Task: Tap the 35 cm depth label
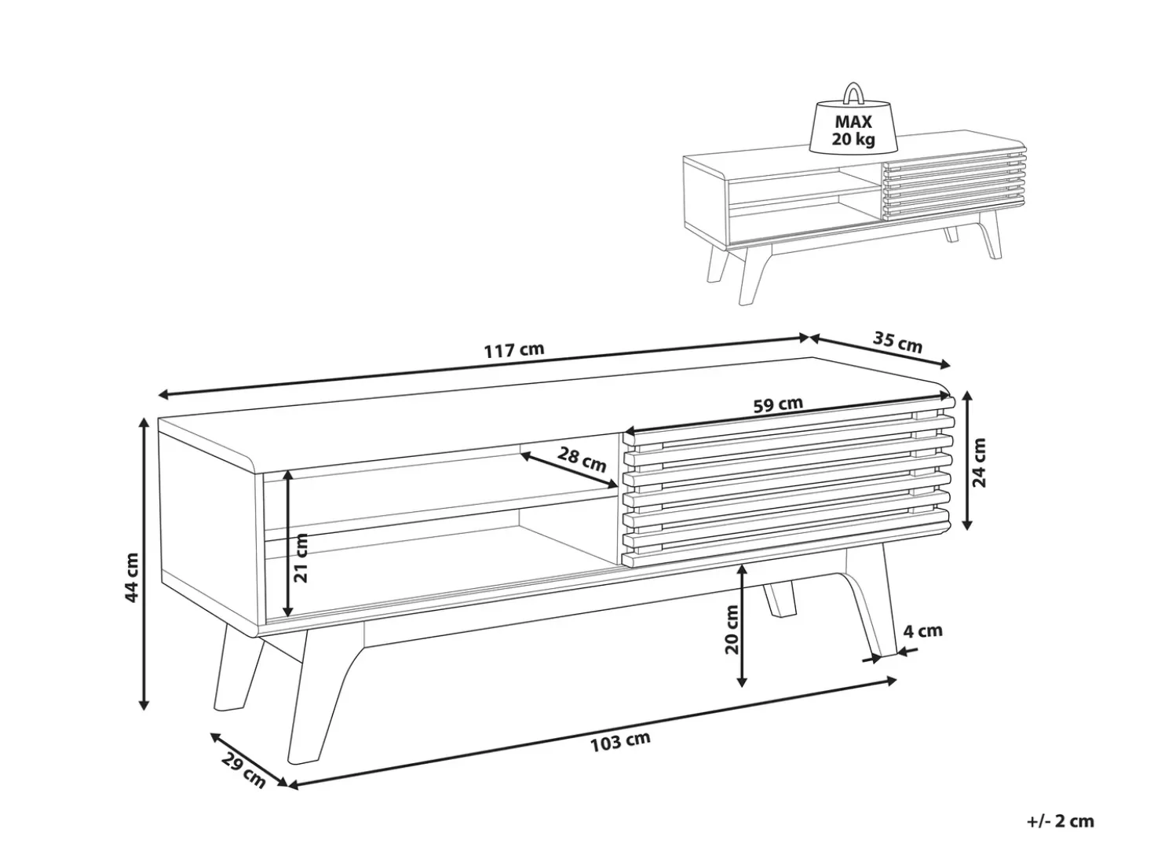pos(897,343)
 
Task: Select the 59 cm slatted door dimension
pos(777,404)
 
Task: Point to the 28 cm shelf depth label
pos(582,459)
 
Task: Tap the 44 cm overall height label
pos(131,577)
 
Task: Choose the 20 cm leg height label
pos(732,629)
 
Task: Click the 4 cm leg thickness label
pos(922,630)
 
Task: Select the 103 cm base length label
pos(620,742)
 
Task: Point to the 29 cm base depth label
pos(243,771)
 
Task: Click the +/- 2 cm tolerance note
pos(1061,822)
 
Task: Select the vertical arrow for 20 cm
pos(742,625)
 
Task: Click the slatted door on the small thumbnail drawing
pos(954,185)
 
